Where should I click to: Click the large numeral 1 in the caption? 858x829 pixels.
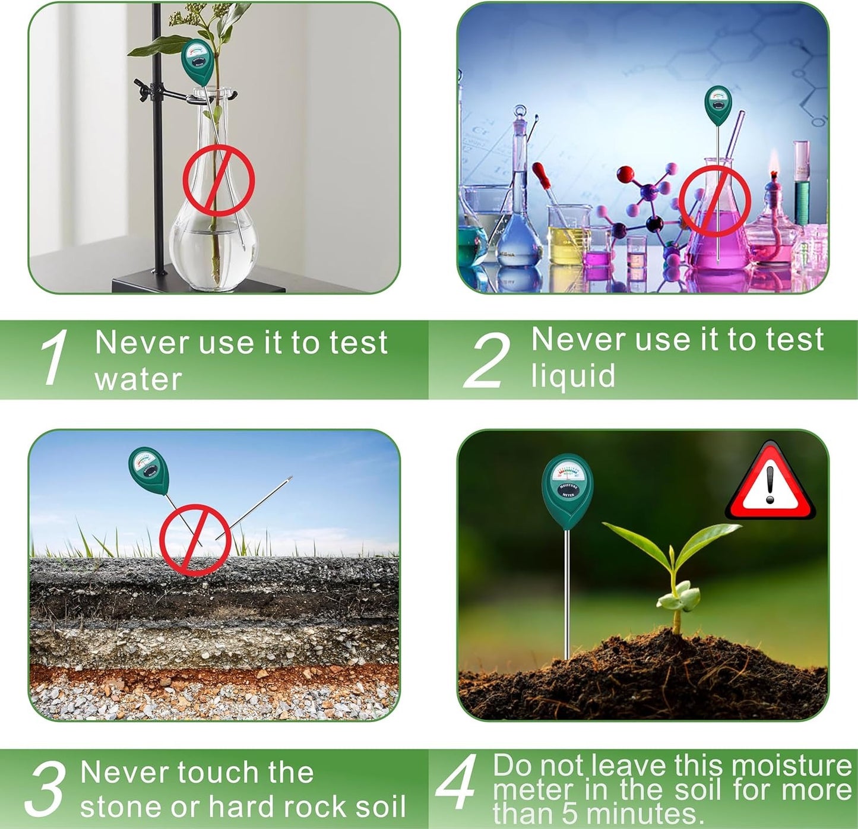pos(55,358)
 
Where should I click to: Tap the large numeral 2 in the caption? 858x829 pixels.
pos(487,360)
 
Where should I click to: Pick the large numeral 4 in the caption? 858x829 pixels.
pos(456,783)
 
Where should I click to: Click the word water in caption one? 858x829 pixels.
pos(138,379)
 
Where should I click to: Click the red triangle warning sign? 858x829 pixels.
pos(770,483)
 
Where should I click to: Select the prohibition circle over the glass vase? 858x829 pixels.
pos(219,181)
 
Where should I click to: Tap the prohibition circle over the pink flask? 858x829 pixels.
pos(715,201)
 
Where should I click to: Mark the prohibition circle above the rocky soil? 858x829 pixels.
pos(195,540)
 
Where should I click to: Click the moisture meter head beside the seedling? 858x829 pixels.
pos(567,491)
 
